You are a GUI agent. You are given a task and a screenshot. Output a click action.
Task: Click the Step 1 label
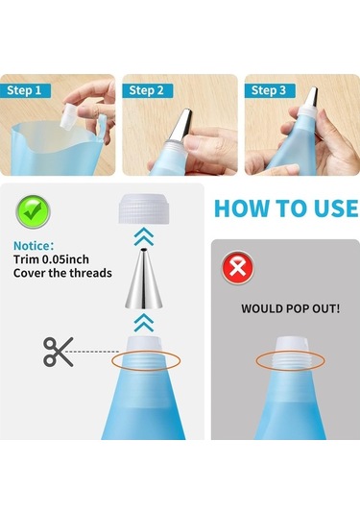click(25, 90)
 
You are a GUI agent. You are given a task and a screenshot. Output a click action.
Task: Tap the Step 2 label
click(146, 90)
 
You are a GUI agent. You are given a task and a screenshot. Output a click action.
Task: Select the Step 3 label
click(269, 90)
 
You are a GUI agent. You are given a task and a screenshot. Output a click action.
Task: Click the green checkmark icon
click(33, 211)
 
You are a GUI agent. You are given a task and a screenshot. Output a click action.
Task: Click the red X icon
click(238, 267)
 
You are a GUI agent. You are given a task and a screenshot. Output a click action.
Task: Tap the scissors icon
click(59, 352)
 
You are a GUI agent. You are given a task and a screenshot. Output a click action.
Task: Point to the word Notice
click(34, 246)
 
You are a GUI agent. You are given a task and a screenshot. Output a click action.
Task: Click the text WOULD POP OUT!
click(290, 308)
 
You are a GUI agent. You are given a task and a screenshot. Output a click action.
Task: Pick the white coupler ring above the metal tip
click(144, 208)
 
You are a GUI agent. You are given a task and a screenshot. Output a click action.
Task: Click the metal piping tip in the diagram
click(143, 280)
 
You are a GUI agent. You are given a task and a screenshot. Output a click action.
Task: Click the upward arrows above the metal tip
click(144, 237)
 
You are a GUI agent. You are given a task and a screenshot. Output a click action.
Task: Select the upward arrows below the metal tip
click(144, 322)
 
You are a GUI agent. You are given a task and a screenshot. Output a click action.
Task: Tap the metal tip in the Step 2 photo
click(180, 125)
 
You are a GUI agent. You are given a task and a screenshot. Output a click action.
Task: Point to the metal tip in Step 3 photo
click(311, 98)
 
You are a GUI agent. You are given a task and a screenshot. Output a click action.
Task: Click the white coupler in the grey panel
click(290, 354)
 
